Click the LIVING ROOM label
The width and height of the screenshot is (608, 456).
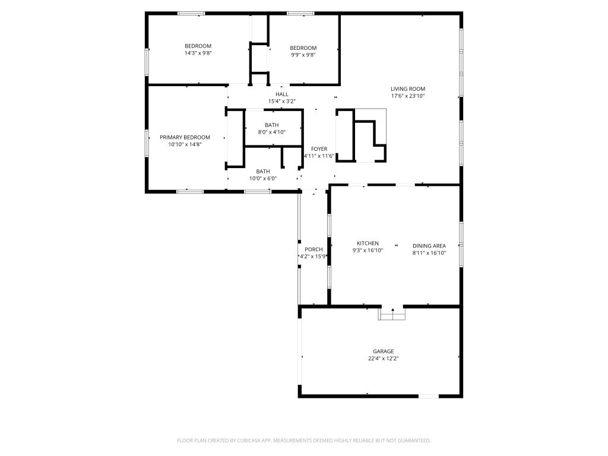[407, 89]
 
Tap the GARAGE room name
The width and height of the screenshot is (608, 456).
[384, 351]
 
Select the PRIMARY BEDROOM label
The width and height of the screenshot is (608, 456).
[185, 137]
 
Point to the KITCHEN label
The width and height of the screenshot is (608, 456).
[368, 243]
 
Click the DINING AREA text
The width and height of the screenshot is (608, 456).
[429, 246]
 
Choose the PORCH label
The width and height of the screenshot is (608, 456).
[313, 249]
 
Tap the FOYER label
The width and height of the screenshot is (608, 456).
[319, 149]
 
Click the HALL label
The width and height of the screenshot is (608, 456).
[282, 94]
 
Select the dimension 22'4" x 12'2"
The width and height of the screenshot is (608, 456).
[384, 359]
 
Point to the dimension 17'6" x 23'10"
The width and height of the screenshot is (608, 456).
[408, 96]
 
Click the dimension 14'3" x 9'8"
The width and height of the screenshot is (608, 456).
[198, 53]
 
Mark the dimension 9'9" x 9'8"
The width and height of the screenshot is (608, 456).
[303, 55]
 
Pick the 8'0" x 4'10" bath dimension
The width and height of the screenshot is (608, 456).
[272, 132]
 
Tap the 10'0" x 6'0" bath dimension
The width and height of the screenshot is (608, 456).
[263, 179]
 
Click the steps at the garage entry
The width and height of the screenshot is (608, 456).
[392, 314]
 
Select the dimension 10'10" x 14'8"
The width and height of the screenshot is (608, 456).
[185, 145]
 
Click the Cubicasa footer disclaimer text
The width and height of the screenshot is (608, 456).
[304, 441]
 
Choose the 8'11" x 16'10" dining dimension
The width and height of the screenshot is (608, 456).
[429, 253]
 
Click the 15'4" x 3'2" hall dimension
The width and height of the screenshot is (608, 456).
[282, 102]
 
